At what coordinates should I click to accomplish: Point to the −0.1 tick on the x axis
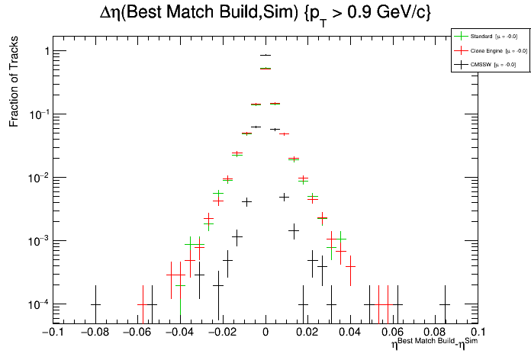click(x=52, y=333)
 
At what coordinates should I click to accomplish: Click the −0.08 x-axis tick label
click(x=95, y=333)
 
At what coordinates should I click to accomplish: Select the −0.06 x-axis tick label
click(x=137, y=333)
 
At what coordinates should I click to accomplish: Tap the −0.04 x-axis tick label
click(x=180, y=333)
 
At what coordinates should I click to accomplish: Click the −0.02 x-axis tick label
click(x=222, y=333)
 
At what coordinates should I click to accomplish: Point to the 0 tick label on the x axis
click(x=265, y=333)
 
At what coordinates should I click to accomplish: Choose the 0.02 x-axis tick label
click(x=308, y=333)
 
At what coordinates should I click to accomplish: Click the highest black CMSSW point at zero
click(x=265, y=55)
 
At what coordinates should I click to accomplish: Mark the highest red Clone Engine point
click(x=265, y=69)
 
